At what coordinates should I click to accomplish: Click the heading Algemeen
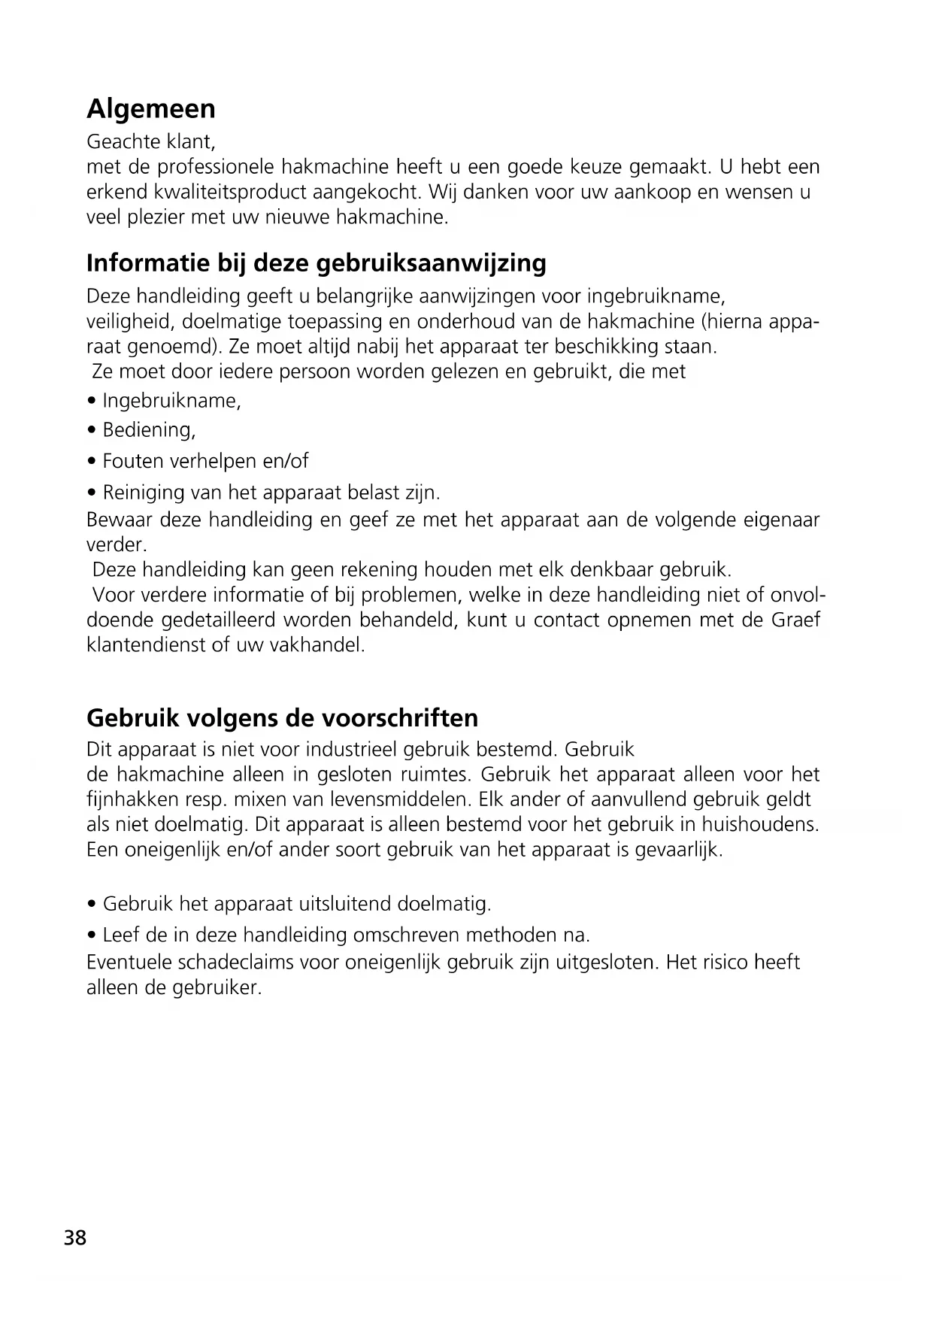click(x=150, y=110)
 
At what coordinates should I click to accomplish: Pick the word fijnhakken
click(x=132, y=799)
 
